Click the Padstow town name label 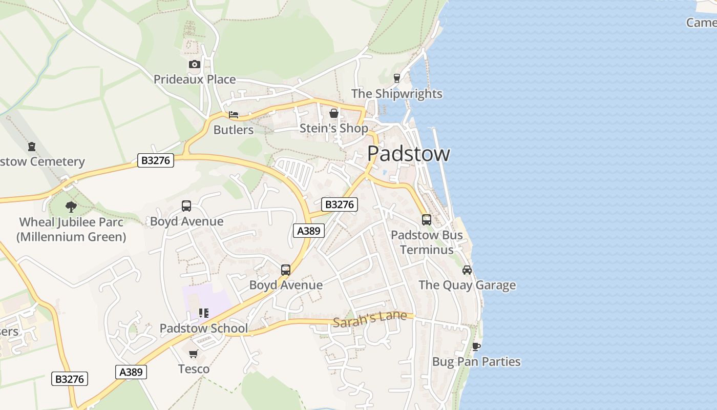(409, 154)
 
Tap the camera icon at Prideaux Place (194, 64)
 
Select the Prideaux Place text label (195, 79)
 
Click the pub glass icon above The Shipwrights (396, 78)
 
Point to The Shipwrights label (396, 94)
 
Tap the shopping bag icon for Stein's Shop (334, 113)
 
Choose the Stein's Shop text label (333, 128)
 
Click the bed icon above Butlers (234, 115)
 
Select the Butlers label (234, 130)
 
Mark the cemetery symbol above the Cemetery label (32, 147)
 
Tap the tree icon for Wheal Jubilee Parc (71, 207)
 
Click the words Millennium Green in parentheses (71, 237)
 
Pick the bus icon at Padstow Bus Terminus (427, 220)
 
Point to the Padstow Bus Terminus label (427, 242)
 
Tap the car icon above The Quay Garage (467, 270)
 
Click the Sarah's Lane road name (370, 319)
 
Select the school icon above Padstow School (204, 313)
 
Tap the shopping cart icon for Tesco (194, 354)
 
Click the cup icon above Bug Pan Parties (476, 346)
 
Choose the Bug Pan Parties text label (476, 362)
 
